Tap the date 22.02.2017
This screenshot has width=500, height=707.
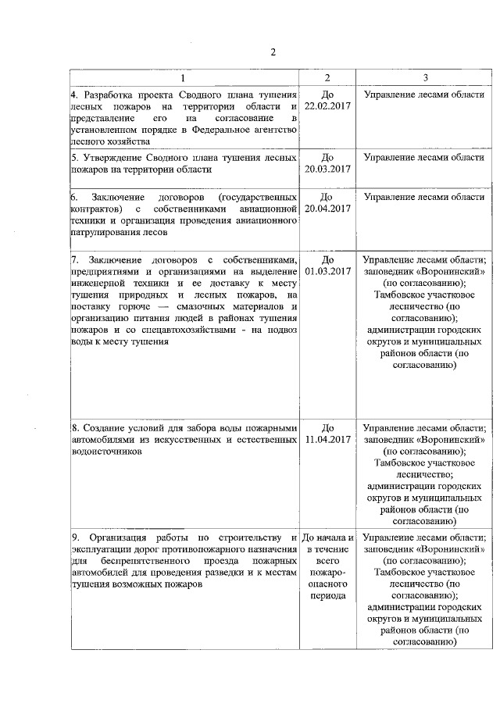(327, 106)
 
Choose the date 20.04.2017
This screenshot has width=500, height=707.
(327, 209)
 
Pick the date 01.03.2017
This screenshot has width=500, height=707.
(327, 272)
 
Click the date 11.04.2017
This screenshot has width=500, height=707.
(327, 440)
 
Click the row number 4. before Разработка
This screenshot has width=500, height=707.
(74, 95)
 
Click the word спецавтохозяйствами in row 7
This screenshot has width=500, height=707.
(182, 331)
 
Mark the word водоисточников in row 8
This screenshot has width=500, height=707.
(106, 452)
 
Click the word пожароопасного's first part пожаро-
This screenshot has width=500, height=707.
(327, 572)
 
